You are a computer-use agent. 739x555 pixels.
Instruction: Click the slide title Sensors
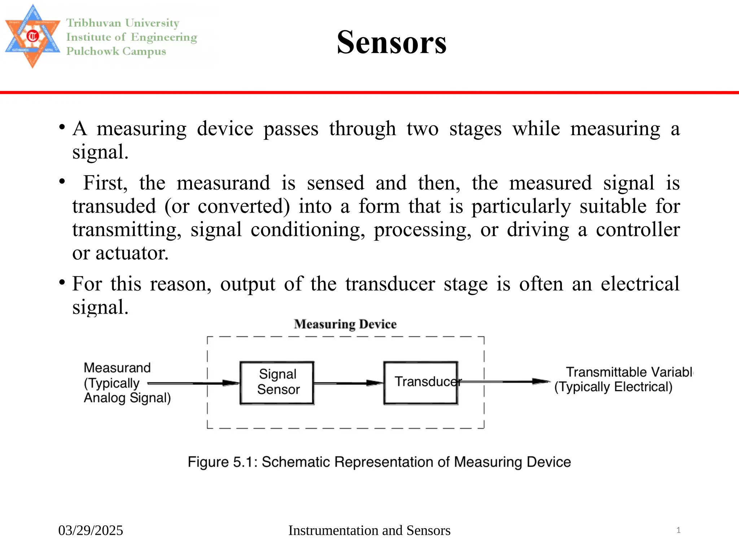[x=392, y=42]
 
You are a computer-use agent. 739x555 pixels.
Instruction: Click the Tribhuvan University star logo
[x=32, y=36]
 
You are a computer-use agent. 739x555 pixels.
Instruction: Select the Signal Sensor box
[x=277, y=382]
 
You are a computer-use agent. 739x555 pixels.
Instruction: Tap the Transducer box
[x=421, y=382]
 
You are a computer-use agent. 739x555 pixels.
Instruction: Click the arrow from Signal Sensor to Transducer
[x=348, y=383]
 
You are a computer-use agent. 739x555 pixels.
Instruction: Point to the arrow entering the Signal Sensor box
[x=195, y=383]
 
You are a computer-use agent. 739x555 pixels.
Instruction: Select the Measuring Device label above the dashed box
[x=345, y=324]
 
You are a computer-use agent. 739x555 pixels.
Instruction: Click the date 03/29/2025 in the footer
[x=91, y=530]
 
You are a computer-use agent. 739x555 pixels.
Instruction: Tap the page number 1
[x=678, y=530]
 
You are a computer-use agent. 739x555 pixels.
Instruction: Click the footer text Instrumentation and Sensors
[x=369, y=530]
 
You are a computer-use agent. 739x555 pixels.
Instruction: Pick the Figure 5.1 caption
[x=379, y=462]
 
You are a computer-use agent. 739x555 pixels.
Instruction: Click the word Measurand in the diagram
[x=117, y=368]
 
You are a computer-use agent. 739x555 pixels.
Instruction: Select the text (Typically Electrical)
[x=613, y=387]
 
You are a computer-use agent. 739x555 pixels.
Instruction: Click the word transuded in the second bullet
[x=114, y=206]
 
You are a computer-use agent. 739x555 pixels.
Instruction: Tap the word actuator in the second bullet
[x=132, y=253]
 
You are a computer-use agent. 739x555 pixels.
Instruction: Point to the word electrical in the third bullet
[x=640, y=284]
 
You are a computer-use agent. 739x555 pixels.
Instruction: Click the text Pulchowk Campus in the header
[x=116, y=51]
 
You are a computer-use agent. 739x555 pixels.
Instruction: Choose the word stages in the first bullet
[x=475, y=129]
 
